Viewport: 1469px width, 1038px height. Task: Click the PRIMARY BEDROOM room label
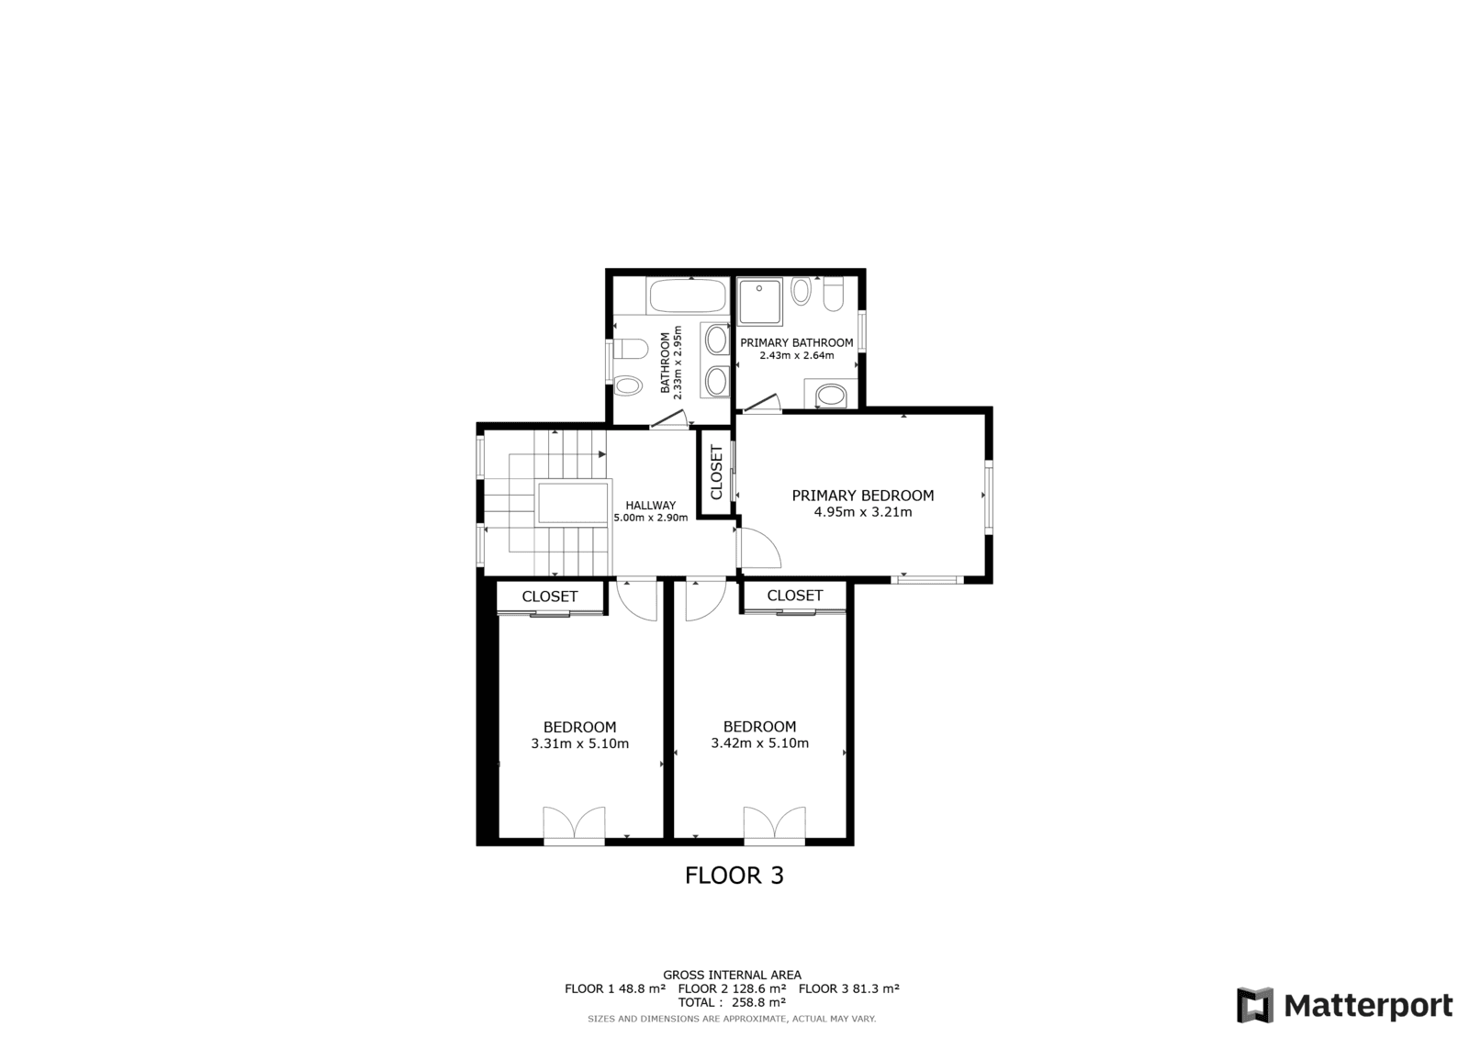point(862,496)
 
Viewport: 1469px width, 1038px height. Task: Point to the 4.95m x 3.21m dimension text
point(862,512)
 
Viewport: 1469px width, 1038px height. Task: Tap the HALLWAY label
point(650,506)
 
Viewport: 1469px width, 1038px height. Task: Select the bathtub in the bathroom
point(687,296)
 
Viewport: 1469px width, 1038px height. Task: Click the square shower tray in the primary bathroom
point(759,302)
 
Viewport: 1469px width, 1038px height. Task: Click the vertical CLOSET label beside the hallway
point(716,472)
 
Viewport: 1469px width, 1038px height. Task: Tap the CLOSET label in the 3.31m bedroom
point(550,597)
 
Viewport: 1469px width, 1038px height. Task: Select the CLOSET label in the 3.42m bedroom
point(795,596)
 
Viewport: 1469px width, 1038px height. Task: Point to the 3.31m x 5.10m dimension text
point(579,743)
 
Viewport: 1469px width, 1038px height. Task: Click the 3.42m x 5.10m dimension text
point(759,742)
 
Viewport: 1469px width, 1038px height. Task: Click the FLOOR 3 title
point(734,876)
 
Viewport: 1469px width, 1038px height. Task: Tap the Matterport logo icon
point(1255,1005)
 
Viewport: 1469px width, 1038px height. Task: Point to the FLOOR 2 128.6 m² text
point(732,988)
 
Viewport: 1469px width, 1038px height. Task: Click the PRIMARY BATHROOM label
point(797,342)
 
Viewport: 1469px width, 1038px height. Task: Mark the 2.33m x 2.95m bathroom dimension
point(678,363)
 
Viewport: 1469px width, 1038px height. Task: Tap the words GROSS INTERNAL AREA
point(732,975)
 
